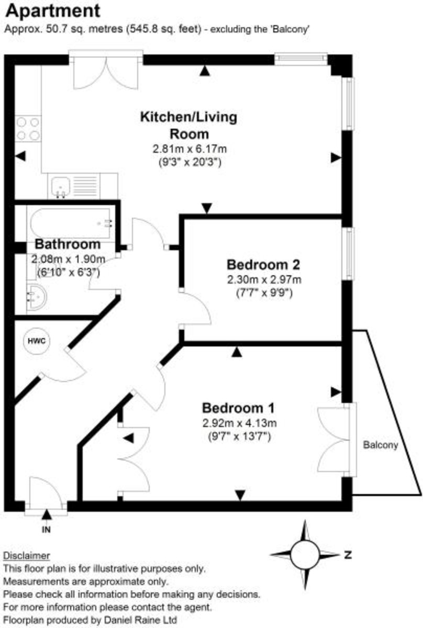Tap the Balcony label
381,446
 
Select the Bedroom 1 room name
239,408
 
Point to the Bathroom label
68,244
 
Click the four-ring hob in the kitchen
28,128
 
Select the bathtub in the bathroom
71,223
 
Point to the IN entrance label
47,529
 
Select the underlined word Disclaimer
27,555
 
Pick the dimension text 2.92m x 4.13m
239,423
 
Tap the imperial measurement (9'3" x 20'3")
190,162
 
